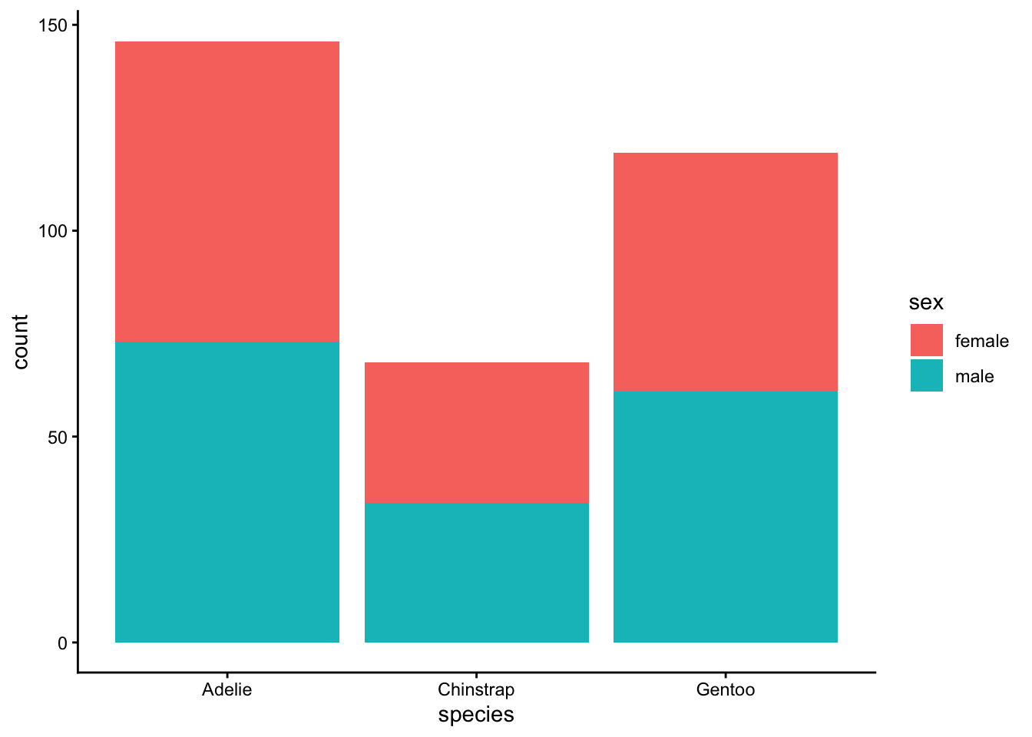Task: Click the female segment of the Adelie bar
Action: coord(227,192)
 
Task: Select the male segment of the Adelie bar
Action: coord(227,492)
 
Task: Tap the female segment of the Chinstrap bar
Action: coord(477,432)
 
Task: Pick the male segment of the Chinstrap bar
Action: coord(477,573)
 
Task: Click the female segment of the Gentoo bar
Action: coord(726,273)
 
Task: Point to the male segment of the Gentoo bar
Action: coord(726,517)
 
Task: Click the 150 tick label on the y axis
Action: coord(53,25)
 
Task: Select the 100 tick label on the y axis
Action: coord(53,231)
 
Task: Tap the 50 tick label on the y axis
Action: coord(58,437)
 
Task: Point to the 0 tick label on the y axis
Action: coord(63,643)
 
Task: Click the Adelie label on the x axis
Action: coord(227,689)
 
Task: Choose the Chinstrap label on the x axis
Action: coord(476,690)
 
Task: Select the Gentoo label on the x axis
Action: coord(726,689)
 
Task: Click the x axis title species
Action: coord(476,716)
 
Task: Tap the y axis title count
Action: coord(20,342)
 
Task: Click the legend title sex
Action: coord(926,302)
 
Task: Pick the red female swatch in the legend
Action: coord(927,340)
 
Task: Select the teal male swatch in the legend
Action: coord(927,375)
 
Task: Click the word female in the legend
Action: coord(982,341)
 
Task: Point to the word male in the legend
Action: coord(974,376)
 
